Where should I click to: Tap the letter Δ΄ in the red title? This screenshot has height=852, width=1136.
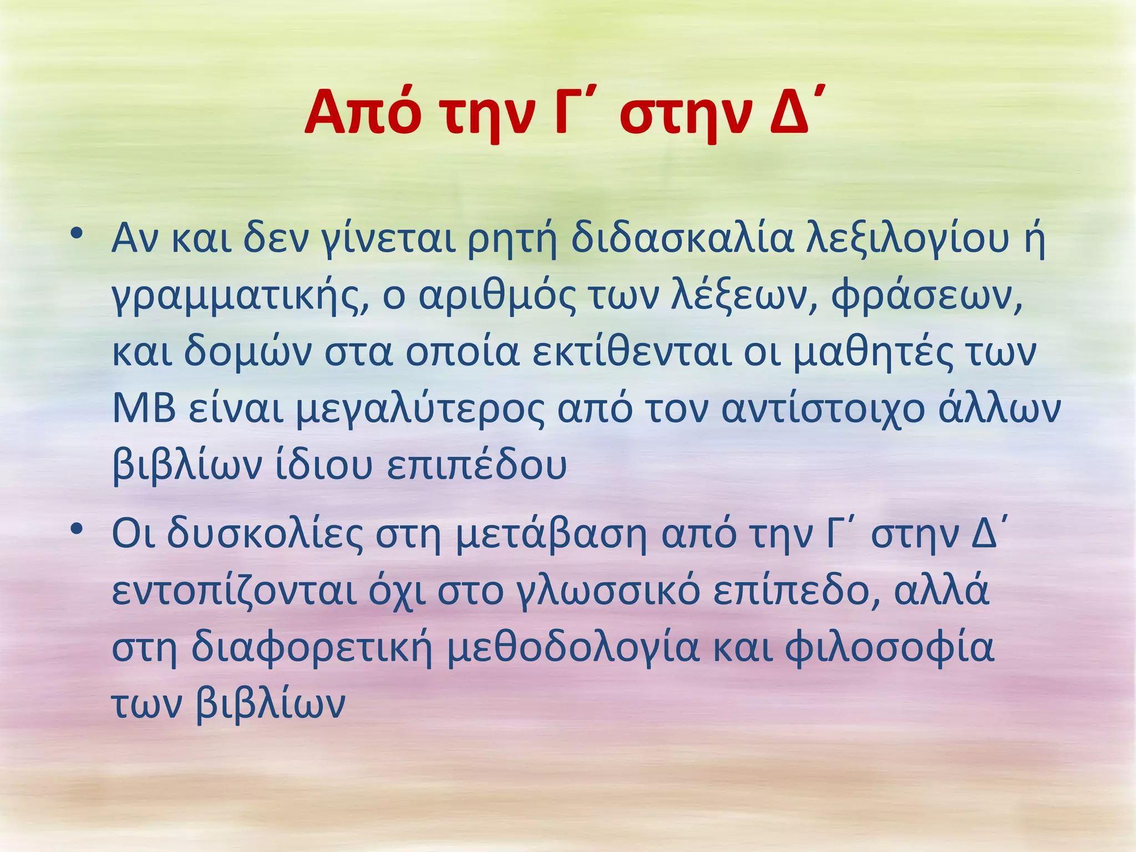click(x=794, y=114)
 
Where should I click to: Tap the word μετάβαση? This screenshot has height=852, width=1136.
click(x=551, y=535)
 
